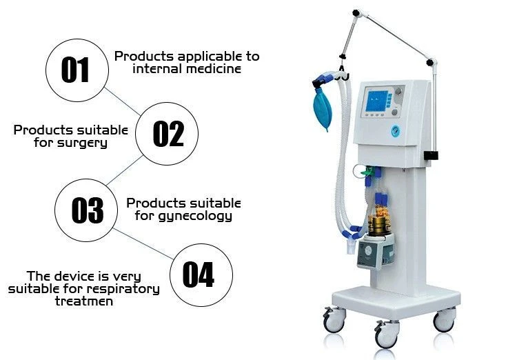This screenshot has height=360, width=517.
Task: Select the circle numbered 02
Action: click(168, 133)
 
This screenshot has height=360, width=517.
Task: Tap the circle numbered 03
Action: click(87, 210)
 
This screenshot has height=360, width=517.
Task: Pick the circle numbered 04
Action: click(199, 274)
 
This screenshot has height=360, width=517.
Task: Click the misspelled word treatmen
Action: click(83, 301)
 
